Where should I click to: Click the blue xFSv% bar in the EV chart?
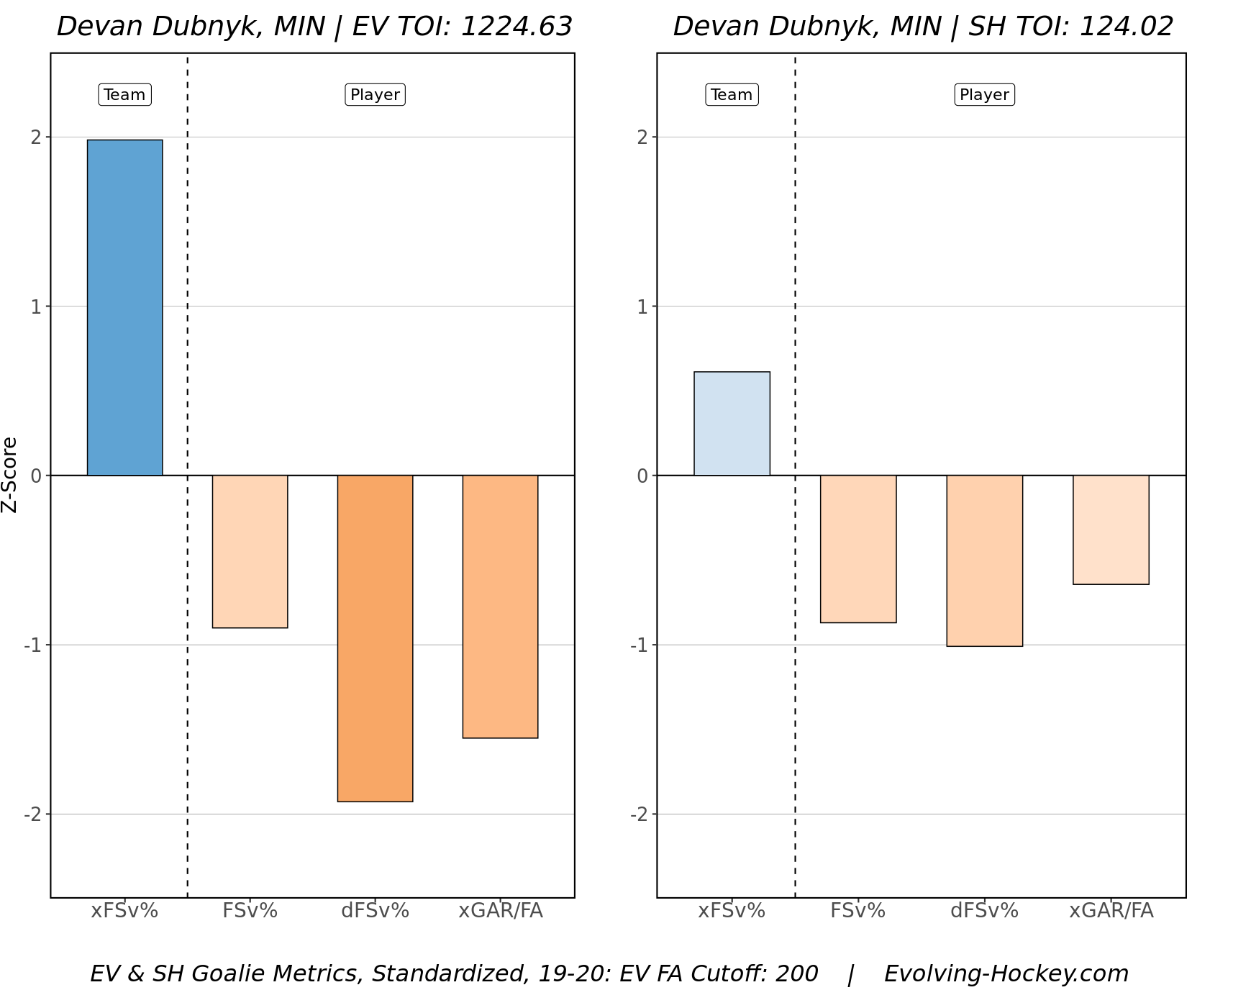click(x=124, y=307)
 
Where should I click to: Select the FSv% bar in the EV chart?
click(x=250, y=551)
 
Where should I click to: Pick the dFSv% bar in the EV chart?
click(x=375, y=638)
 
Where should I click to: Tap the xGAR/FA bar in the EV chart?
click(x=500, y=607)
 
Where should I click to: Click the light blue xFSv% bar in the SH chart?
click(x=732, y=424)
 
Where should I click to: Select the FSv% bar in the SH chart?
click(x=858, y=549)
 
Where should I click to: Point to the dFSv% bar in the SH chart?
click(x=984, y=560)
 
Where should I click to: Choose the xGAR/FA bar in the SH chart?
click(x=1111, y=530)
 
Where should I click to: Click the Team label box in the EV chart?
click(x=124, y=95)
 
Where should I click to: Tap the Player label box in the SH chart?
click(x=984, y=95)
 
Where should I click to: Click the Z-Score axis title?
click(x=9, y=475)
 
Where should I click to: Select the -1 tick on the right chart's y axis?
click(x=639, y=645)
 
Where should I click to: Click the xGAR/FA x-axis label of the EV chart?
click(x=501, y=911)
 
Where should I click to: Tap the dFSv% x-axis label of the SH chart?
click(x=984, y=911)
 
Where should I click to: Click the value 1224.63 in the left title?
click(x=516, y=27)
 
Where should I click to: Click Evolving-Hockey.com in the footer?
click(x=1006, y=973)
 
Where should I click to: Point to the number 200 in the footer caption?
click(x=796, y=973)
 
